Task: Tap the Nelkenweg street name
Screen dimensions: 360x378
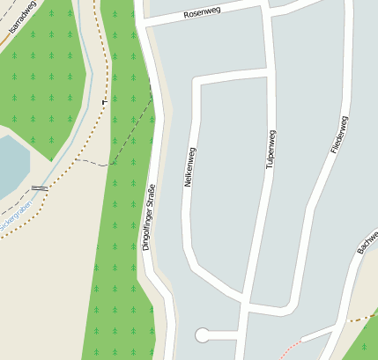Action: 189,167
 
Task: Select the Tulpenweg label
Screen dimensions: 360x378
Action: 271,149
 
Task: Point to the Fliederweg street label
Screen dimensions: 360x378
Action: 340,133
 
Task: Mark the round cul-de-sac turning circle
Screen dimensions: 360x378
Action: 203,334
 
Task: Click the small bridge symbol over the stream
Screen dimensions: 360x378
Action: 39,187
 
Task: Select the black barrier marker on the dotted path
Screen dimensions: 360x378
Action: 105,102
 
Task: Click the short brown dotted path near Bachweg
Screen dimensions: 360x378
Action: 361,316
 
